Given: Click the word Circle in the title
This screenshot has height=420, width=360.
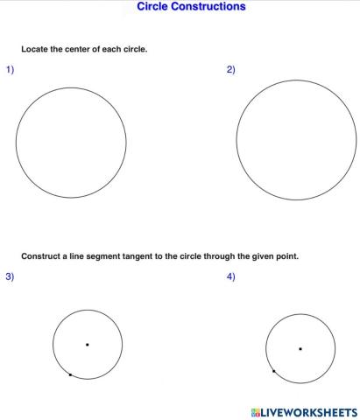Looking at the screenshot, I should [153, 6].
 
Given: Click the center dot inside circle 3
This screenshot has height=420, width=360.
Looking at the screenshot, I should [88, 345].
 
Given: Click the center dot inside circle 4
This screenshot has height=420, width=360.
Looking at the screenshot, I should [300, 349].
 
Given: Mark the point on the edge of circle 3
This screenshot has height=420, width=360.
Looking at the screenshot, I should [70, 375].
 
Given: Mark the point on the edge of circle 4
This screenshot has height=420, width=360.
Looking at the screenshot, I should [273, 371].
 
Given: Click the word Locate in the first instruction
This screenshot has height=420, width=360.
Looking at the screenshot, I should [35, 50].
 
